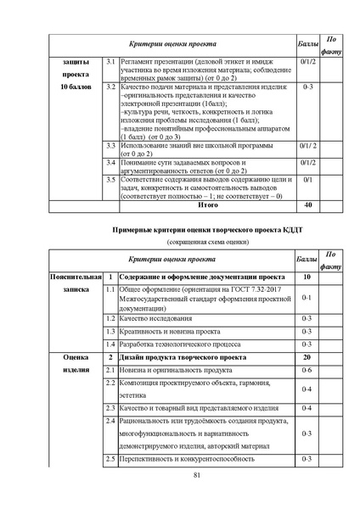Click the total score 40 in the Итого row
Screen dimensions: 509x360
[x=308, y=204]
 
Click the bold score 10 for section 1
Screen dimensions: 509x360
[x=308, y=277]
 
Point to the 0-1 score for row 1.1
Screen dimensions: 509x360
[x=308, y=299]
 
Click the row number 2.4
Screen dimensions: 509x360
[x=110, y=421]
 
